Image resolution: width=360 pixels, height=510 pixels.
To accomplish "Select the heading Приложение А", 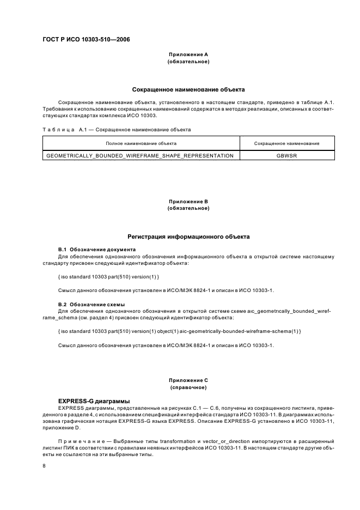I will tap(188, 55).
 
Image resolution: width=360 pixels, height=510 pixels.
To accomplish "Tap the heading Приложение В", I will tap(188, 202).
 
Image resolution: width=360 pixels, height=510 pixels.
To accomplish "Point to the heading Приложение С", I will tap(188, 380).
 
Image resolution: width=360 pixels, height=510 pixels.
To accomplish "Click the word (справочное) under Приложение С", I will tap(188, 386).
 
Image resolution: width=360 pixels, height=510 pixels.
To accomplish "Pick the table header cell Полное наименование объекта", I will tap(141, 143).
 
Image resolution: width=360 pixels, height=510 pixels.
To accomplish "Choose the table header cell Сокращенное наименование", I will tap(286, 143).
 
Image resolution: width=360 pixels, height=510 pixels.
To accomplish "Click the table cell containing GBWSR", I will tap(286, 156).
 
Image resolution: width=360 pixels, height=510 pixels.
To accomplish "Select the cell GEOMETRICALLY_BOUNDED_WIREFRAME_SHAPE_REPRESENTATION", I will tap(141, 156).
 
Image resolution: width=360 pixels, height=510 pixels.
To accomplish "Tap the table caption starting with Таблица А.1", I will tap(117, 130).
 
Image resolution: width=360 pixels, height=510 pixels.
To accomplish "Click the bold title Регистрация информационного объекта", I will tap(188, 237).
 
